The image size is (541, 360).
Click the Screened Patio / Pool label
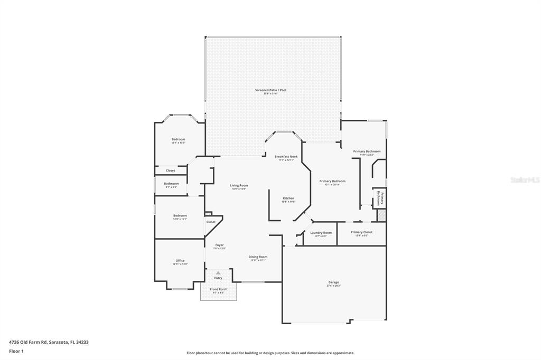[x=270, y=90]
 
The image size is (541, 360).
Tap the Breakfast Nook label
[x=286, y=157]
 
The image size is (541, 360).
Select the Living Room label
[x=239, y=185]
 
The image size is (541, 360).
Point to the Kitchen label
[x=288, y=198]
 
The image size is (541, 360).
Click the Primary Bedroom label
[x=332, y=181]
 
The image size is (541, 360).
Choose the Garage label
[x=333, y=282]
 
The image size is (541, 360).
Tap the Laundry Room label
[x=321, y=233]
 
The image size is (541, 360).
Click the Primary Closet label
[x=361, y=232]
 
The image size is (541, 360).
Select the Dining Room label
[x=258, y=257]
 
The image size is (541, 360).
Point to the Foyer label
[x=219, y=245]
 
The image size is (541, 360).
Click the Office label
[x=180, y=260]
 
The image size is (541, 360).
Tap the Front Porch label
[x=218, y=289]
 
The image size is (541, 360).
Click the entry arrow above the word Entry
[x=218, y=272]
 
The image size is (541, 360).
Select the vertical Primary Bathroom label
[x=378, y=199]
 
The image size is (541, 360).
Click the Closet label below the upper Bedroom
[x=170, y=170]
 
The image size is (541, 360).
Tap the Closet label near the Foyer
[x=211, y=222]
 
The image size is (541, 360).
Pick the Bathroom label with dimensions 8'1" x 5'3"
[x=171, y=184]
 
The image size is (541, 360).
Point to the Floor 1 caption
[x=16, y=350]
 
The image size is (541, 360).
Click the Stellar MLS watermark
[x=525, y=180]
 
